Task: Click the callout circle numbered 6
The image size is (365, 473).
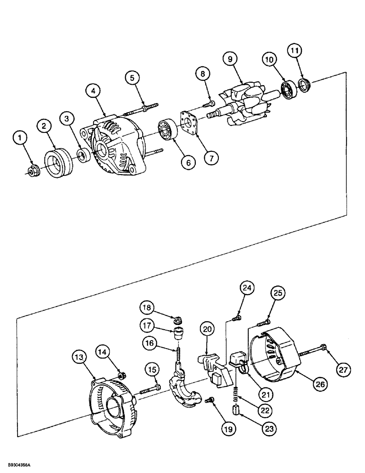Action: coord(188,162)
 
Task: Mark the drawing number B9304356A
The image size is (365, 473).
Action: coord(19,466)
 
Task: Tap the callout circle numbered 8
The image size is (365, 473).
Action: coord(202,74)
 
